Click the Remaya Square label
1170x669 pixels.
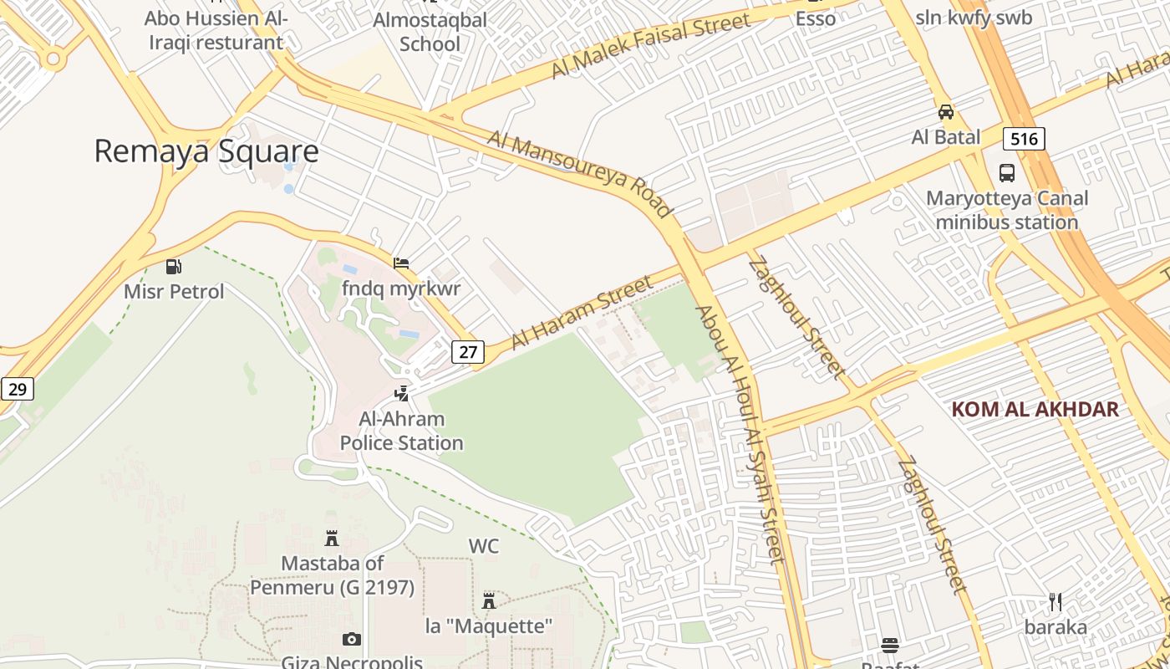click(206, 151)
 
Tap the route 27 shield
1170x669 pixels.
click(467, 352)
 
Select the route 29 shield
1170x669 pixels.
click(17, 389)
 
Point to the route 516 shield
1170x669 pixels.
click(1024, 139)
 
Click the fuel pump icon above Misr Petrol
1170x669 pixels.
click(174, 267)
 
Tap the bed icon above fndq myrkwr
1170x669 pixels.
click(401, 263)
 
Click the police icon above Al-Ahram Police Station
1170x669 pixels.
click(402, 393)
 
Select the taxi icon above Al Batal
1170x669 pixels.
click(946, 112)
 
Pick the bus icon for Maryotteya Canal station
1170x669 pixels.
click(1007, 173)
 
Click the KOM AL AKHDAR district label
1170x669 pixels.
click(1035, 409)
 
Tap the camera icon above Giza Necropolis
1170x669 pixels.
click(352, 640)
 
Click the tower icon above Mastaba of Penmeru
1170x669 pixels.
click(332, 539)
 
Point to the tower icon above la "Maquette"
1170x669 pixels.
click(489, 601)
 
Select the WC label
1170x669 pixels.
click(483, 547)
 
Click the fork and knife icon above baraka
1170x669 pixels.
click(1056, 602)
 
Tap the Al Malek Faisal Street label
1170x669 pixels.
click(650, 47)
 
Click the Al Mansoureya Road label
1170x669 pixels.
click(580, 173)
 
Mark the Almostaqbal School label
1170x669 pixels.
click(430, 32)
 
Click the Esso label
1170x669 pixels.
click(815, 18)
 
